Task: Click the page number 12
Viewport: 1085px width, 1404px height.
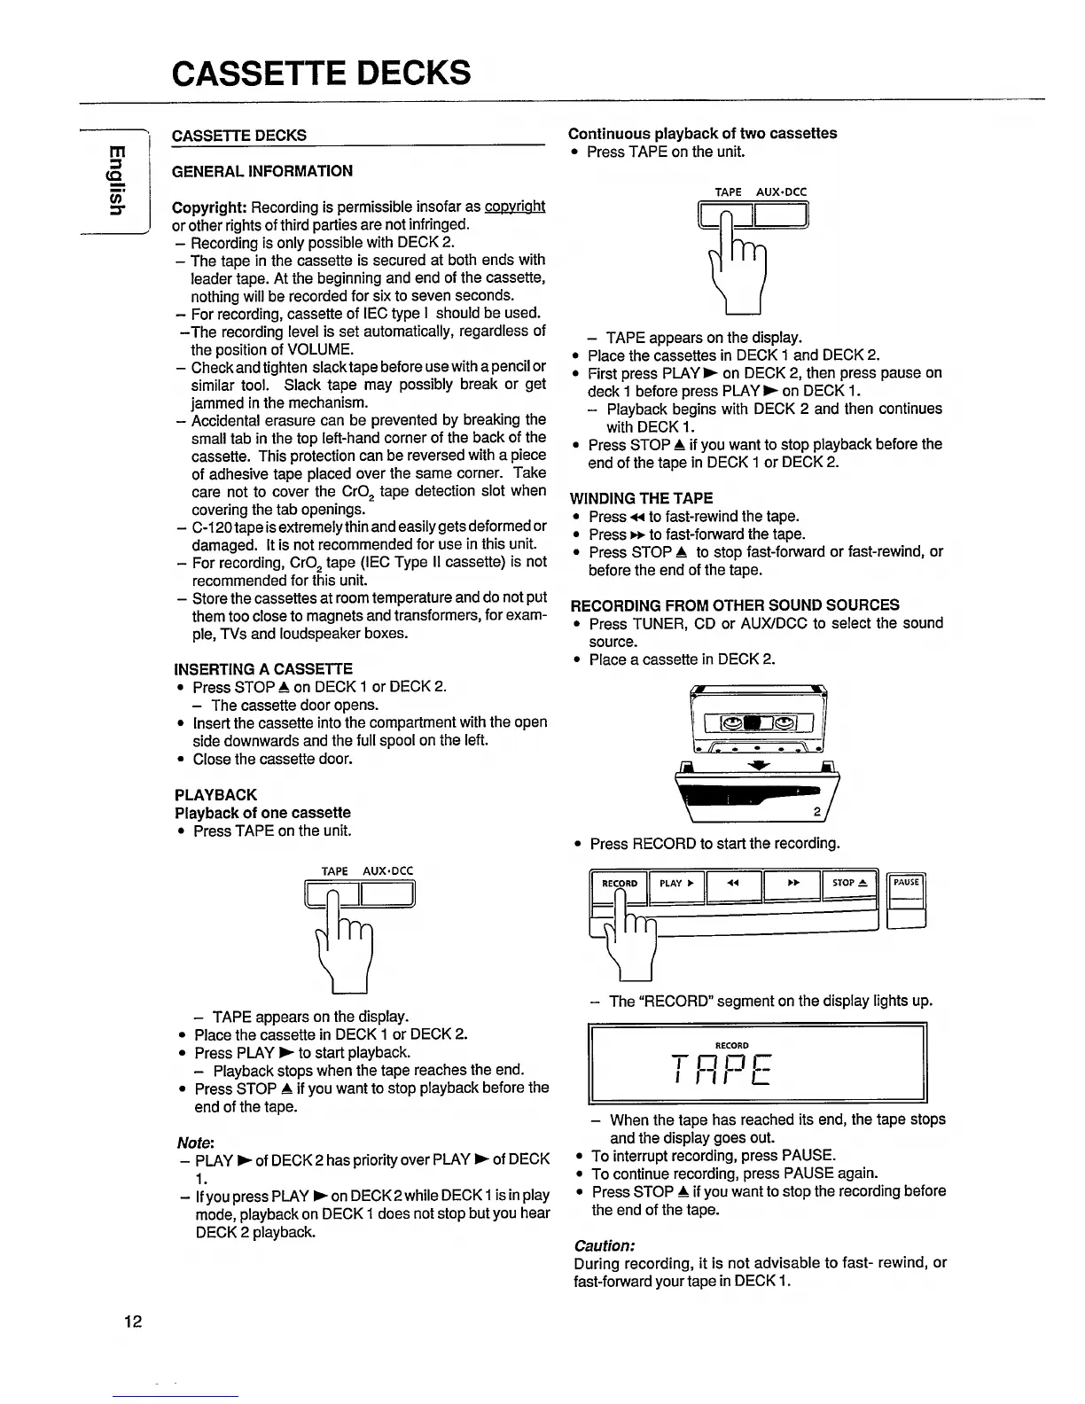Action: coord(133,1322)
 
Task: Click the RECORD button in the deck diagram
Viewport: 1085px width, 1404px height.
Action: coord(620,884)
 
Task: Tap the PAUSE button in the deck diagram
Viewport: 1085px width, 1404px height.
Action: coord(906,883)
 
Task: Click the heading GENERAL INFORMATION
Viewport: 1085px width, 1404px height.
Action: coord(262,171)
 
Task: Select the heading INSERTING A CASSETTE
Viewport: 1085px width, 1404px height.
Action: coord(263,668)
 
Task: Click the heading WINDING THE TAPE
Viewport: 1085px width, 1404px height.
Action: coord(641,498)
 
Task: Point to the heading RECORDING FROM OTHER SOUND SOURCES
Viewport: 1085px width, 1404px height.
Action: coord(735,605)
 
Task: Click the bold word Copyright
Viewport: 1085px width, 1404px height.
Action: coord(209,207)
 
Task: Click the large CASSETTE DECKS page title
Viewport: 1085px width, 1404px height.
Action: coord(321,72)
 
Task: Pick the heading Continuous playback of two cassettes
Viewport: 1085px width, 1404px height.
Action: coord(702,133)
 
